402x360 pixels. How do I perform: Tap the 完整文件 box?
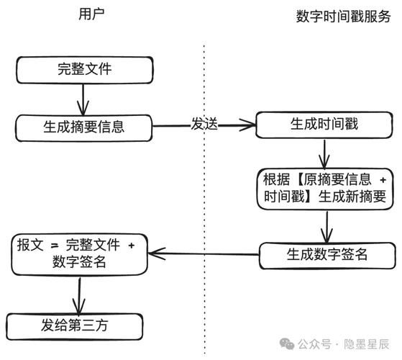pyautogui.click(x=84, y=70)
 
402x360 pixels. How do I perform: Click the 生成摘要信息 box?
pyautogui.click(x=84, y=127)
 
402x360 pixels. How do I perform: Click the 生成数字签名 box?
pyautogui.click(x=327, y=253)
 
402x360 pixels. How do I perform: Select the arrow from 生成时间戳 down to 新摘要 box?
pyautogui.click(x=326, y=153)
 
